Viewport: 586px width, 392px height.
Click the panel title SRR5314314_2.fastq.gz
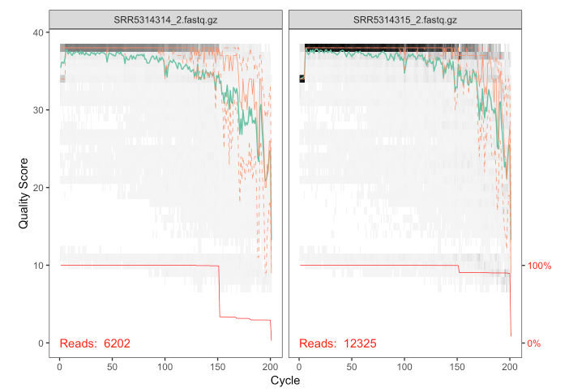click(x=165, y=18)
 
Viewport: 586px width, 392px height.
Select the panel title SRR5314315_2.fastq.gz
click(x=405, y=18)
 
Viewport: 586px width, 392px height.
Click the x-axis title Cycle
click(x=284, y=379)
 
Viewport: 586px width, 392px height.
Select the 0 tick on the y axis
click(x=38, y=343)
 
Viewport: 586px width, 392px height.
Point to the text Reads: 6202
click(x=96, y=343)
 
